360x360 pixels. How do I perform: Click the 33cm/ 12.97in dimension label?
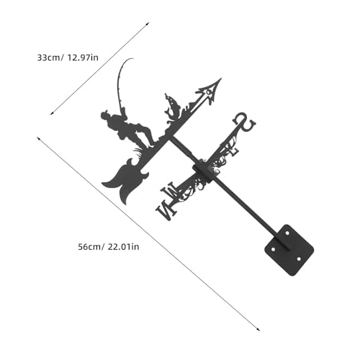click(68, 58)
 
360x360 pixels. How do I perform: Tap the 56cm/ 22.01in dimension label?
click(109, 247)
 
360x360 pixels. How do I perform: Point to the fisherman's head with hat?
click(105, 116)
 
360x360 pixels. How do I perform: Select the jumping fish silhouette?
click(174, 106)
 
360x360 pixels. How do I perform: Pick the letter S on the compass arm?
click(245, 122)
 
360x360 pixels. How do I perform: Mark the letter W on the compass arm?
click(171, 191)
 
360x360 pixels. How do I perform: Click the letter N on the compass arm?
click(166, 210)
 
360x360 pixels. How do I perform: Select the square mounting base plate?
click(289, 251)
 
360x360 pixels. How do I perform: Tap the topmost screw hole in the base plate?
click(287, 233)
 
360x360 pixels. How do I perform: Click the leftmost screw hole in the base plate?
click(273, 250)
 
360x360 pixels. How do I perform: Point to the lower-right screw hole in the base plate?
click(299, 259)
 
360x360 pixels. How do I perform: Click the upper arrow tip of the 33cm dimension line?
click(149, 22)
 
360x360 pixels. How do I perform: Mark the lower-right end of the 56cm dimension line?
click(260, 330)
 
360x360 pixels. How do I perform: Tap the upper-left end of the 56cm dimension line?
click(37, 137)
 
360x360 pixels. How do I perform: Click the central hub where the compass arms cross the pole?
click(204, 172)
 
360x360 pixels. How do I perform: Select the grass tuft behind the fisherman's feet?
click(139, 153)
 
